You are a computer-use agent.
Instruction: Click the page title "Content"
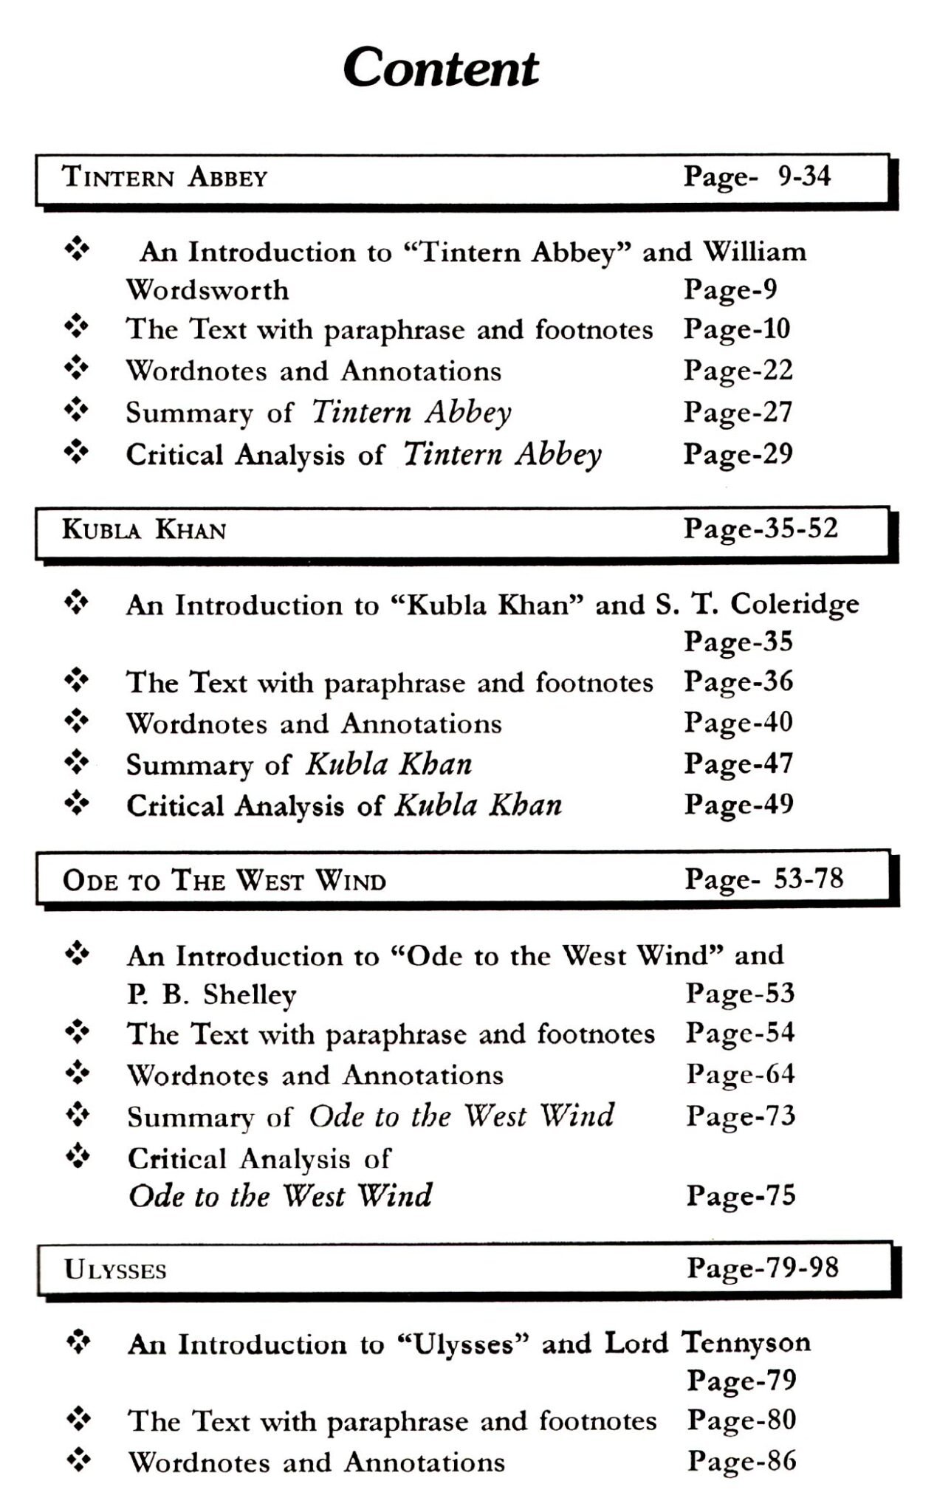(x=441, y=68)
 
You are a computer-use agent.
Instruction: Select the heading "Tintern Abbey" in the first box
(x=164, y=178)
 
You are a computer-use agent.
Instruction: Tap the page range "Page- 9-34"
(x=757, y=176)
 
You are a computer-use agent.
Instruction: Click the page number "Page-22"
(x=738, y=370)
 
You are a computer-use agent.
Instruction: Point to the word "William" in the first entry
(x=754, y=252)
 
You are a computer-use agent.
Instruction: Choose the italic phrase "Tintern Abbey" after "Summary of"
(x=411, y=412)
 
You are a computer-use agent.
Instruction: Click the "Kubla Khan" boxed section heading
(x=144, y=529)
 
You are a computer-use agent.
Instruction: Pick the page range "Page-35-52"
(x=761, y=529)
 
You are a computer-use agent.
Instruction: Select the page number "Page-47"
(x=738, y=763)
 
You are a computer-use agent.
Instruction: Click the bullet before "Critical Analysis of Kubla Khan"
(x=77, y=803)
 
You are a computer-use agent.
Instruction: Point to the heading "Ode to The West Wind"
(x=224, y=881)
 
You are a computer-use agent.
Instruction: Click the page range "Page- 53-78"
(x=763, y=879)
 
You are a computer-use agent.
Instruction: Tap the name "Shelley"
(x=250, y=995)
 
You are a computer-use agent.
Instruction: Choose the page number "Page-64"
(x=740, y=1074)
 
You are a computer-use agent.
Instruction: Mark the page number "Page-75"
(x=741, y=1195)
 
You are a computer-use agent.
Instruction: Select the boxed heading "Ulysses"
(x=115, y=1270)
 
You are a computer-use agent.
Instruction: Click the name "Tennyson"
(x=745, y=1343)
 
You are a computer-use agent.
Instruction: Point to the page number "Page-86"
(x=741, y=1461)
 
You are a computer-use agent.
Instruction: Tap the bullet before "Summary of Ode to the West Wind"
(x=78, y=1113)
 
